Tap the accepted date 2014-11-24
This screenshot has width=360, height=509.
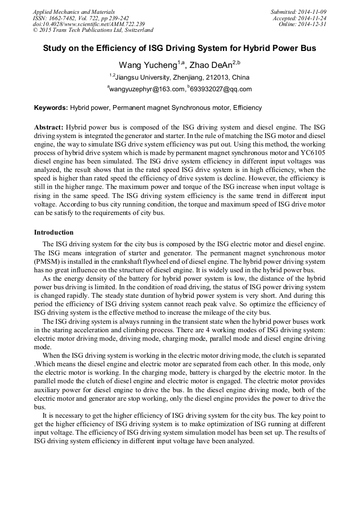pyautogui.click(x=314, y=18)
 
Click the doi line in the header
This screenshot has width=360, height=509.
pyautogui.click(x=89, y=24)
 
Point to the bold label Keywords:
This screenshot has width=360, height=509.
pyautogui.click(x=51, y=108)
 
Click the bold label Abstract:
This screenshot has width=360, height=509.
pyautogui.click(x=49, y=127)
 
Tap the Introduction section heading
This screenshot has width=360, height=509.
pyautogui.click(x=54, y=232)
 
